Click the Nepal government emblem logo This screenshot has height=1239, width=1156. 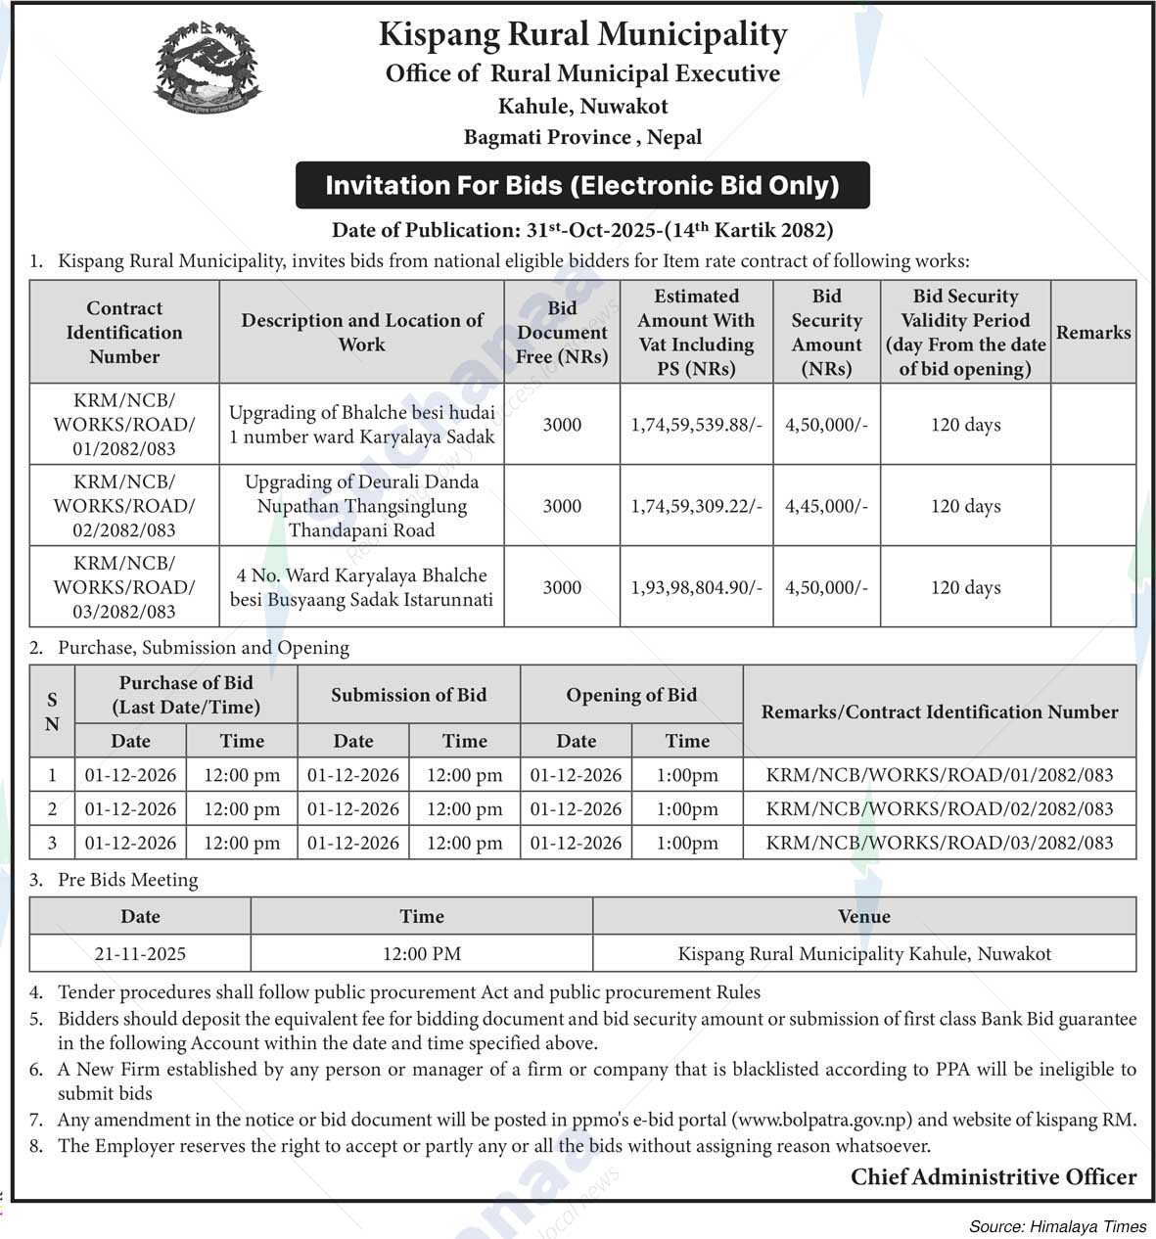(208, 66)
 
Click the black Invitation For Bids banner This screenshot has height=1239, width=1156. (582, 185)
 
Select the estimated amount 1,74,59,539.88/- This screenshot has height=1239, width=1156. (696, 425)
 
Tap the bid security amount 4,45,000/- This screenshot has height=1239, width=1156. (826, 506)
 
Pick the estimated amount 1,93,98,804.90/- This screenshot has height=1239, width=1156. (696, 587)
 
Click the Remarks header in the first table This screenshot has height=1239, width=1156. (1093, 333)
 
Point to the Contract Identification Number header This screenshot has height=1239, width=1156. (124, 333)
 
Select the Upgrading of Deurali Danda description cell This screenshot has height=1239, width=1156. (361, 506)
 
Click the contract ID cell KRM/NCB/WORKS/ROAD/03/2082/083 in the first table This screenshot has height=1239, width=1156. (124, 587)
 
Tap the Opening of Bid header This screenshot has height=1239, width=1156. (631, 695)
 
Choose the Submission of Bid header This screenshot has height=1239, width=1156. (408, 695)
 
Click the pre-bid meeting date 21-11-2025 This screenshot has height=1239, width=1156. (140, 953)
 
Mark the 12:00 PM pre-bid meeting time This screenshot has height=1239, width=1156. (422, 953)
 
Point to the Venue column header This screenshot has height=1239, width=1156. (864, 917)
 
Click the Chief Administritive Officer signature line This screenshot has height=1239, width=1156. (994, 1177)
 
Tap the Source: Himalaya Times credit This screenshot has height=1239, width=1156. (1057, 1226)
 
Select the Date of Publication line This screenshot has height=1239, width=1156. (582, 231)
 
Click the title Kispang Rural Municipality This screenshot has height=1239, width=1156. (582, 35)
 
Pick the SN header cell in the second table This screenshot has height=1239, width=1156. (52, 711)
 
